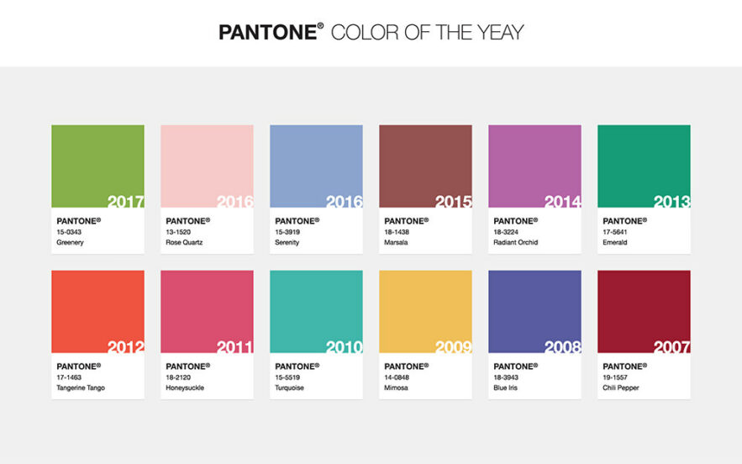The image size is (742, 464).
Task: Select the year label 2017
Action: pos(126,202)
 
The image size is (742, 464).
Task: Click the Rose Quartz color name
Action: pos(184,242)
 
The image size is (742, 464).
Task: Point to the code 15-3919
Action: pos(287,232)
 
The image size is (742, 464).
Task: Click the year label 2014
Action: pos(562,202)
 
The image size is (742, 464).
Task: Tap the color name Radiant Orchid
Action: pos(516,242)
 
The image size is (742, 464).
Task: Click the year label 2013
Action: pos(671,202)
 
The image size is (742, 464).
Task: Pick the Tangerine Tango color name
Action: pos(81,388)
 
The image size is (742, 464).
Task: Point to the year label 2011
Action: pos(234,347)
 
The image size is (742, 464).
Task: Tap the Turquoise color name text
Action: pos(290,388)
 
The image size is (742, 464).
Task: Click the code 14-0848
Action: pos(396,377)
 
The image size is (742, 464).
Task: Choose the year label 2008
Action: pos(562,347)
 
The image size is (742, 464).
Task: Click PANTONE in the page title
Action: pos(269,33)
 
